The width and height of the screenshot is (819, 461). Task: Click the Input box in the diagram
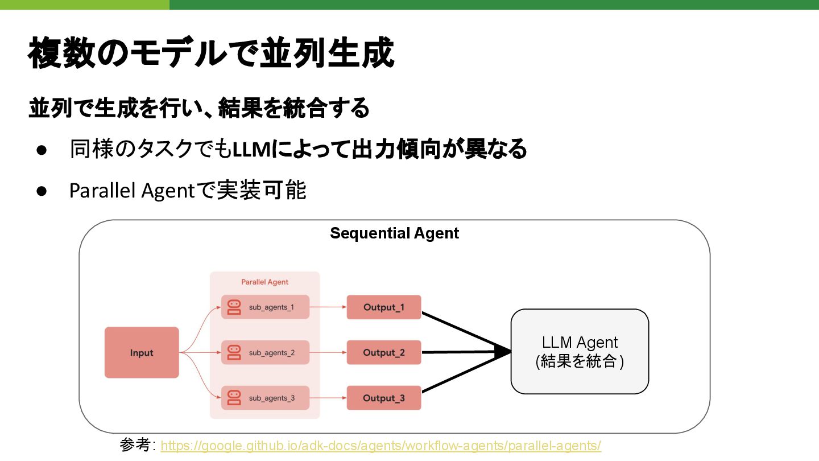pos(142,352)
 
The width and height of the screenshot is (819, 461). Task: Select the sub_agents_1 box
pos(265,307)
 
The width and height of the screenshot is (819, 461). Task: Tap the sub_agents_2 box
pos(265,352)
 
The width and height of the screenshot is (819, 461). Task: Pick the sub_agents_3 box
pos(265,398)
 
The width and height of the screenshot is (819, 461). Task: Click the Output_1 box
pos(384,307)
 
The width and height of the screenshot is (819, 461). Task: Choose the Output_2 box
pos(384,352)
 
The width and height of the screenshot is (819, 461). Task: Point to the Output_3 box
pos(384,398)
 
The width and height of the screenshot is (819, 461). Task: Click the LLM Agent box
pos(580,351)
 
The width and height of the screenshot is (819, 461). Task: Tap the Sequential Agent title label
pos(394,233)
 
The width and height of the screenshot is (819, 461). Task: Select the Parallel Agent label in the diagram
pos(264,282)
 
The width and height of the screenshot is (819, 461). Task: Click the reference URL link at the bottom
pos(380,446)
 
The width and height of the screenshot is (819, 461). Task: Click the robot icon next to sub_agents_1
pos(234,307)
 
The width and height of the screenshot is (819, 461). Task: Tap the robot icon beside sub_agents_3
pos(234,398)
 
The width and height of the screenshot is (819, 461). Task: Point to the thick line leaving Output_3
pos(461,376)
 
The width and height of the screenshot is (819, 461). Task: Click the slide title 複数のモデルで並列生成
pos(210,53)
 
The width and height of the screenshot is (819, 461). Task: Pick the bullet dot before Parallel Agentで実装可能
pos(41,191)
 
